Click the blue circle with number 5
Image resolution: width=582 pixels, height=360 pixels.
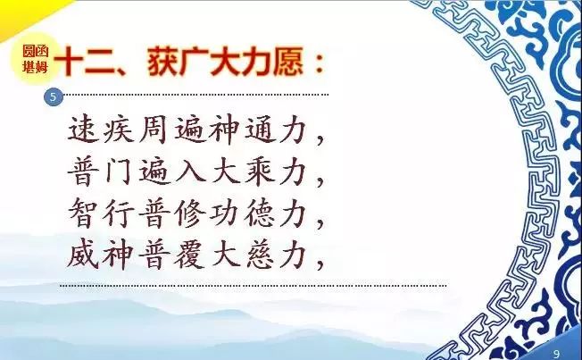pos(53,97)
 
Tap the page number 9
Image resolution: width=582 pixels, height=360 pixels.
pos(556,354)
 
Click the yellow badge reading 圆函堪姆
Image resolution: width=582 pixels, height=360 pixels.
pos(36,59)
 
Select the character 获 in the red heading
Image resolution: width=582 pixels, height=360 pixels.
pos(162,62)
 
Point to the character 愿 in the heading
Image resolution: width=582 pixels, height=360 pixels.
pos(287,62)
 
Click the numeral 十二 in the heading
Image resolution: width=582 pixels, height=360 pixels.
pos(87,62)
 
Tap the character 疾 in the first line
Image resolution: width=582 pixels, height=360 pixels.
pos(119,130)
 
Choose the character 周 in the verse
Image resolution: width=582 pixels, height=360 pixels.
pos(154,130)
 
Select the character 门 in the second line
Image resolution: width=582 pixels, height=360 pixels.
pos(119,172)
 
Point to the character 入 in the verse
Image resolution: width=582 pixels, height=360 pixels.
pos(189,172)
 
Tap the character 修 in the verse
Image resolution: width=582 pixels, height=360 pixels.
pos(189,213)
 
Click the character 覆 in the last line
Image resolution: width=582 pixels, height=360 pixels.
pos(189,255)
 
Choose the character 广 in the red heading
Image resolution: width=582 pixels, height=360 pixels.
pos(194,62)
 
